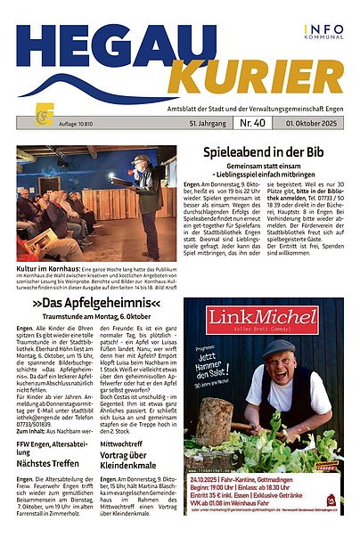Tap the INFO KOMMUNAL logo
tap(322, 33)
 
